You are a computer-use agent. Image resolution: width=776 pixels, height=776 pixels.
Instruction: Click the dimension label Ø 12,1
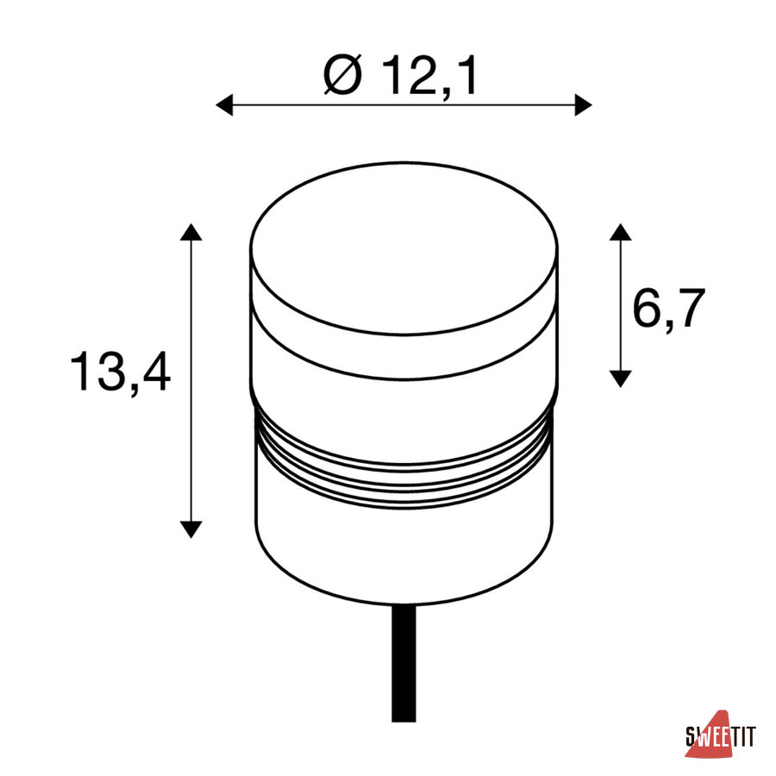(400, 75)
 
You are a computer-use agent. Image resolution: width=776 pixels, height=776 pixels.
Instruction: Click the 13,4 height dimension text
(120, 371)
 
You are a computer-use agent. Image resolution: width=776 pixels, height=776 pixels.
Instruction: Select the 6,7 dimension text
(668, 310)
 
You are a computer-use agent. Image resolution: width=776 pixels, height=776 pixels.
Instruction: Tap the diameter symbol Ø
(342, 74)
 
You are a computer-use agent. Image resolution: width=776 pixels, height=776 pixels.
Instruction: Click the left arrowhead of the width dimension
(224, 105)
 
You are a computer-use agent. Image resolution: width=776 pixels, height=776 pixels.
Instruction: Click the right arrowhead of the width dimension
(584, 105)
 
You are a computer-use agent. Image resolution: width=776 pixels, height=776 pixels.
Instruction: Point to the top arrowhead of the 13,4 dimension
(191, 232)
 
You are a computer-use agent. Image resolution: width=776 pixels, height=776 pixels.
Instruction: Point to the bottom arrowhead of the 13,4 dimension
(191, 529)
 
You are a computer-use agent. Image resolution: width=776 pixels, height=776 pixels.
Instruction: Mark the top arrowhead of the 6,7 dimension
(620, 232)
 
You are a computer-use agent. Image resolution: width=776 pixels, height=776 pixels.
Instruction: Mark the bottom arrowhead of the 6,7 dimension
(620, 379)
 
